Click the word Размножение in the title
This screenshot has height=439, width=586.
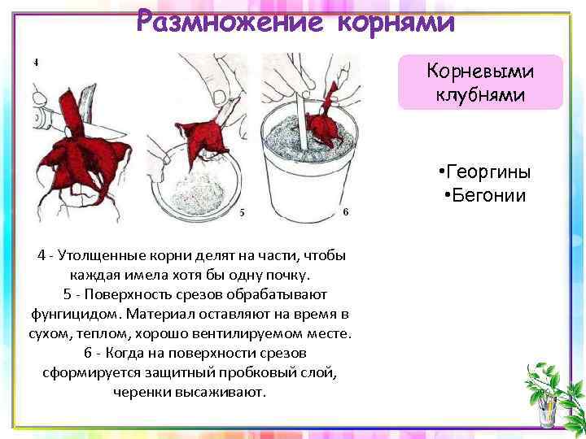[230, 21]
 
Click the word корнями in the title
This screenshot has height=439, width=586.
[396, 23]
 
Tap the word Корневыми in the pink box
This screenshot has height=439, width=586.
[480, 71]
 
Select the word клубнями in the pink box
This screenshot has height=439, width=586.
[481, 94]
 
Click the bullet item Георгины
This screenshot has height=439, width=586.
[485, 172]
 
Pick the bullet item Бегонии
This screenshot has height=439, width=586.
[485, 195]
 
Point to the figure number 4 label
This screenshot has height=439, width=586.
[36, 63]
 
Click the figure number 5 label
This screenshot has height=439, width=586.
[243, 212]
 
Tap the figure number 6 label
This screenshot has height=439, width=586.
[346, 211]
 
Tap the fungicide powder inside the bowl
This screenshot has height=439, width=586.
[197, 194]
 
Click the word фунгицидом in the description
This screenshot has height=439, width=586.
[76, 315]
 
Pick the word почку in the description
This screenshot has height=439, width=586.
[287, 276]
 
